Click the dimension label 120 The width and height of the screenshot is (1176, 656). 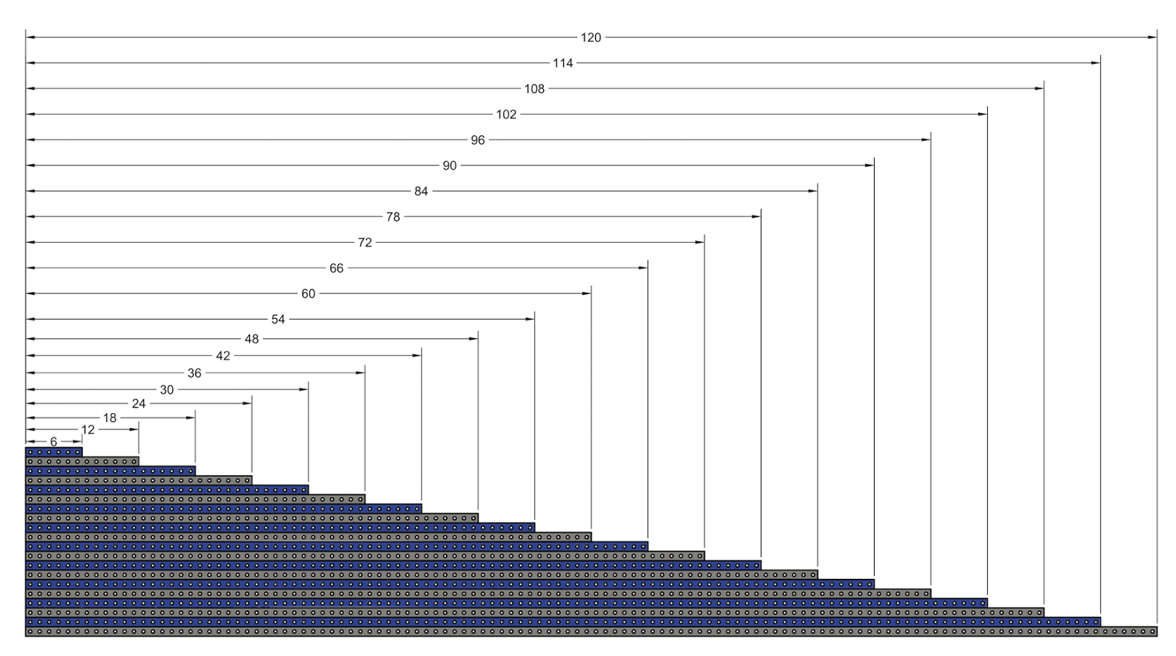point(591,38)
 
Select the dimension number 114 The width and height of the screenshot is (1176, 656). point(563,63)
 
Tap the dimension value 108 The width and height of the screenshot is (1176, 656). point(534,89)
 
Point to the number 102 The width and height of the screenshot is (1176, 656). point(506,115)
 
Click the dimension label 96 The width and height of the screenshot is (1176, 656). point(478,140)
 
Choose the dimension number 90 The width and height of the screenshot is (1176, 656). point(450,166)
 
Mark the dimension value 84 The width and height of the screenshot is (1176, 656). point(421,191)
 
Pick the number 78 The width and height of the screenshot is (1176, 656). point(393,217)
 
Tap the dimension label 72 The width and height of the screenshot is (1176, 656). point(365,243)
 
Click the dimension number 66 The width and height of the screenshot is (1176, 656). point(337,268)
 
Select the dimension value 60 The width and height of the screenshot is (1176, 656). point(308,294)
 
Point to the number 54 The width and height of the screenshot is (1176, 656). point(278,319)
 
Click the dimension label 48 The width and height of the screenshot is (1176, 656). point(252,339)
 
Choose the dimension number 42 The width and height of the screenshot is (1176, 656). point(223,356)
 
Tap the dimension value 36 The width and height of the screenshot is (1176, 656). point(194,374)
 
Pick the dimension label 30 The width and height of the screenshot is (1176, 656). point(167,390)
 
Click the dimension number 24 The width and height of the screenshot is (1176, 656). point(138,404)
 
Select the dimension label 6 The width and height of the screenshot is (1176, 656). point(54,441)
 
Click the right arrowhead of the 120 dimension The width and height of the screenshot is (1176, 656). point(1152,38)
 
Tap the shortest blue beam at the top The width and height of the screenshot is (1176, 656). point(54,452)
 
